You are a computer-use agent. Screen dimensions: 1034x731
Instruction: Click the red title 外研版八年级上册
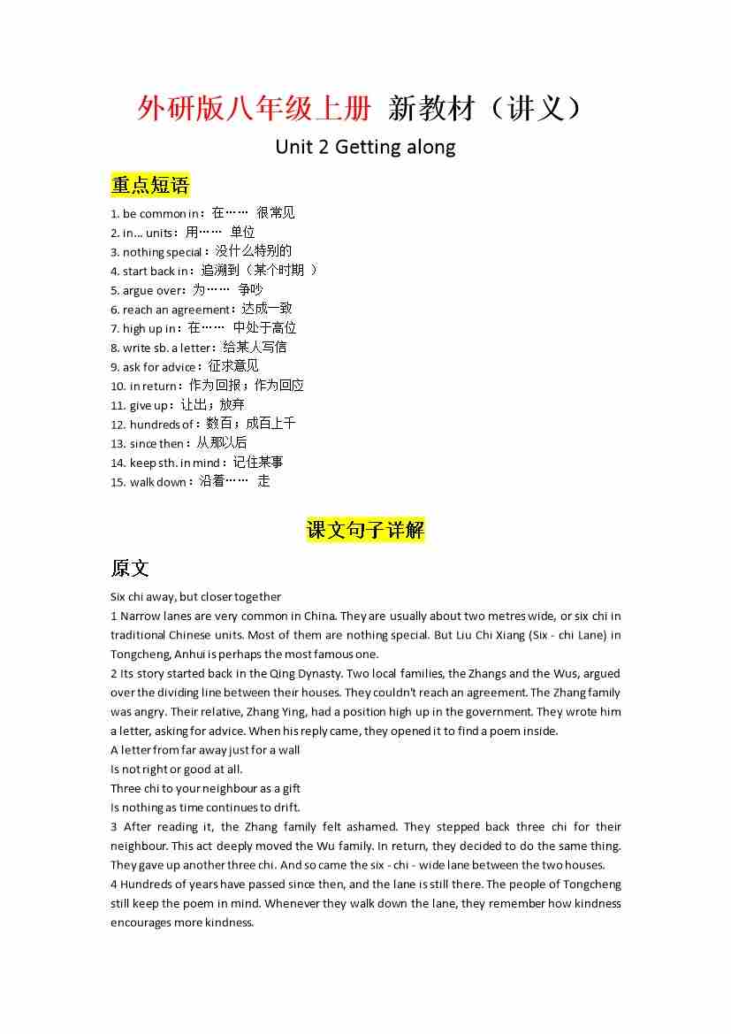point(254,109)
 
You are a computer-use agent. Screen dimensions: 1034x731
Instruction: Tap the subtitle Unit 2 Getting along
point(365,147)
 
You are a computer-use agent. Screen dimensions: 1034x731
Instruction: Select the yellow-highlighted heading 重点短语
point(150,185)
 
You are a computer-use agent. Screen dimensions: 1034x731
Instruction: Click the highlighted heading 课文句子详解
point(365,530)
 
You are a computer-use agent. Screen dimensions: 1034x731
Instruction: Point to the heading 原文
point(130,568)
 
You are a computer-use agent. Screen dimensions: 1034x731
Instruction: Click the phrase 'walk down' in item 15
point(158,482)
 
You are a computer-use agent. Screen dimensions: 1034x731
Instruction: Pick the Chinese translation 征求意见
point(233,366)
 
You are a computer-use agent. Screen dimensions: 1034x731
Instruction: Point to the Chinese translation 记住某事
point(258,463)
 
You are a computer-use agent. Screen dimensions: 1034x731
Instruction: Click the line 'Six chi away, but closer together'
point(196,597)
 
